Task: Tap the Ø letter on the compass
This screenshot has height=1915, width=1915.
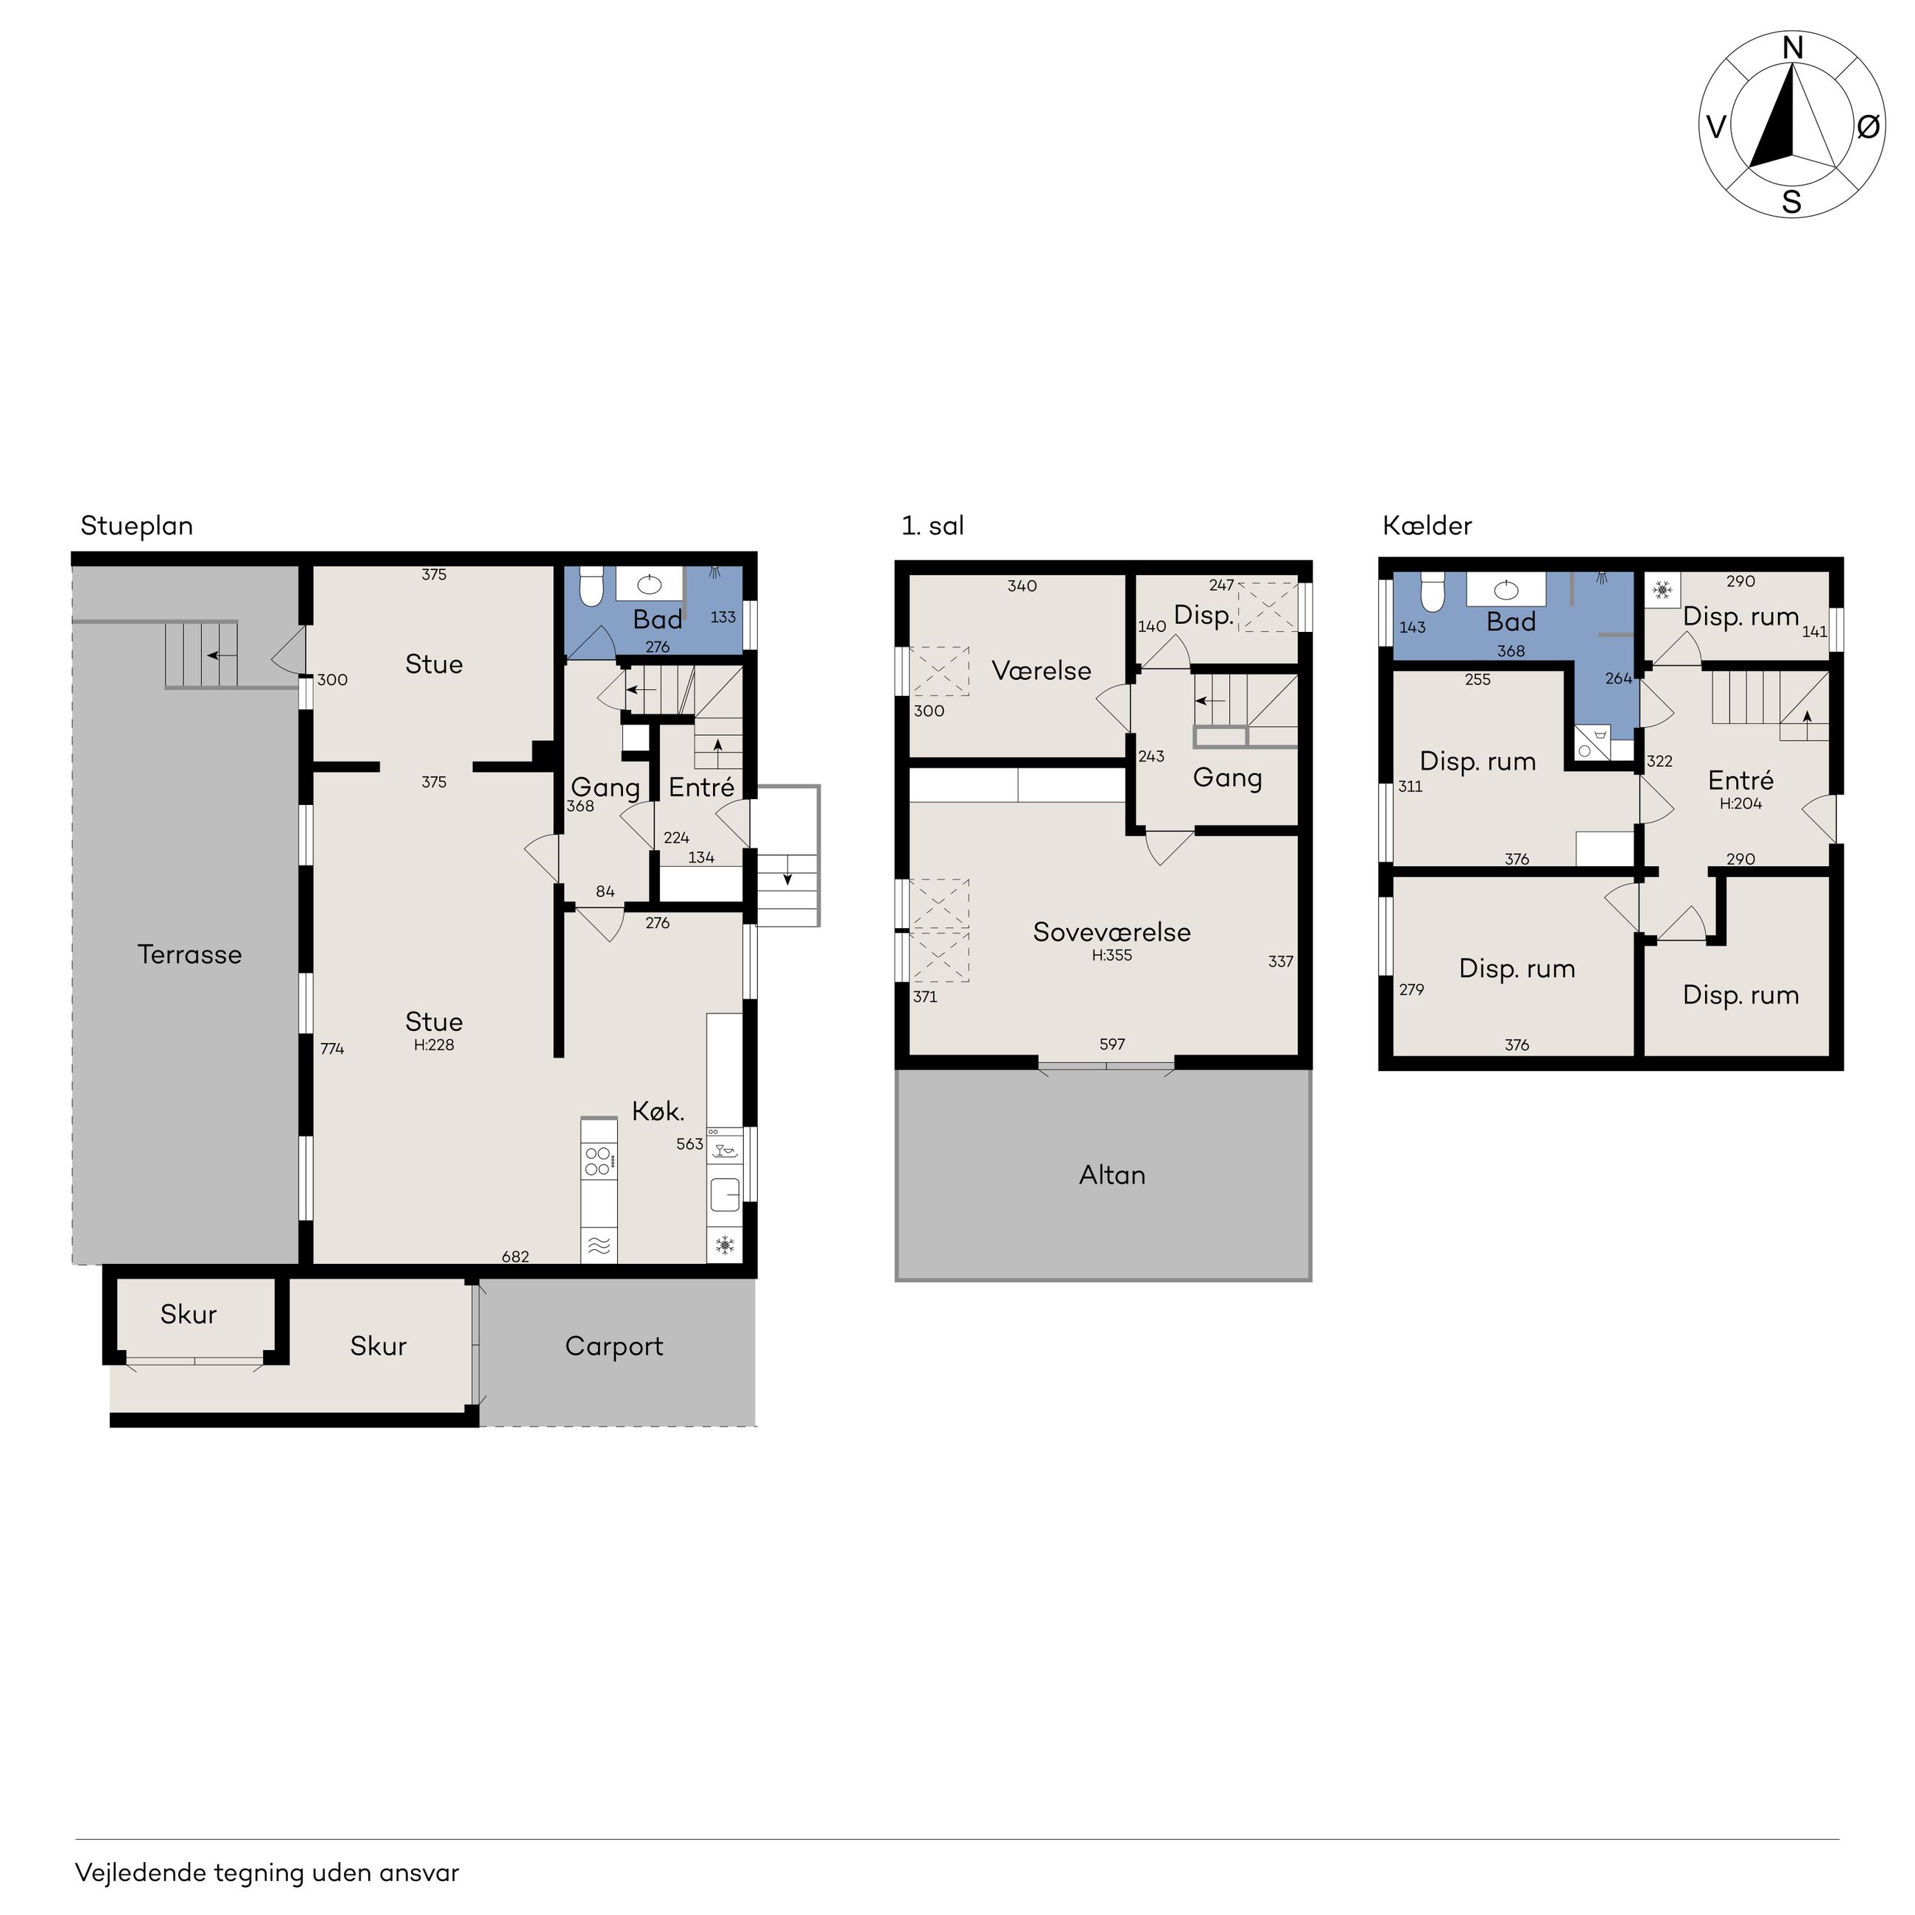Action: (1867, 127)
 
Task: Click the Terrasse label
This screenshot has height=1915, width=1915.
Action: (189, 955)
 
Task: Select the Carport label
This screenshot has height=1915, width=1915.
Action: (614, 1347)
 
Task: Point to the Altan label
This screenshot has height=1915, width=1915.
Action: (1112, 1176)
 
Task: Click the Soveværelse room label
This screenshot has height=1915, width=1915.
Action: (1112, 932)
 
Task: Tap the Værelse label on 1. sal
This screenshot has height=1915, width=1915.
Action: (1041, 671)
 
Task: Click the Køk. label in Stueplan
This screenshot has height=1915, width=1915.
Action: (658, 1111)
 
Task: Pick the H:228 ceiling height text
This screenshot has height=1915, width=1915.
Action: (434, 1044)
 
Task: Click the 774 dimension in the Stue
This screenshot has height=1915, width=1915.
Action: (332, 1049)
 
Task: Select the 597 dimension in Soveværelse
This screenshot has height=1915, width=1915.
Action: (1112, 1044)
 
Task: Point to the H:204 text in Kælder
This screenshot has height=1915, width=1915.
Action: (1740, 804)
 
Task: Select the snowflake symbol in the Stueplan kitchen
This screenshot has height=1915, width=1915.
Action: (725, 1245)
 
